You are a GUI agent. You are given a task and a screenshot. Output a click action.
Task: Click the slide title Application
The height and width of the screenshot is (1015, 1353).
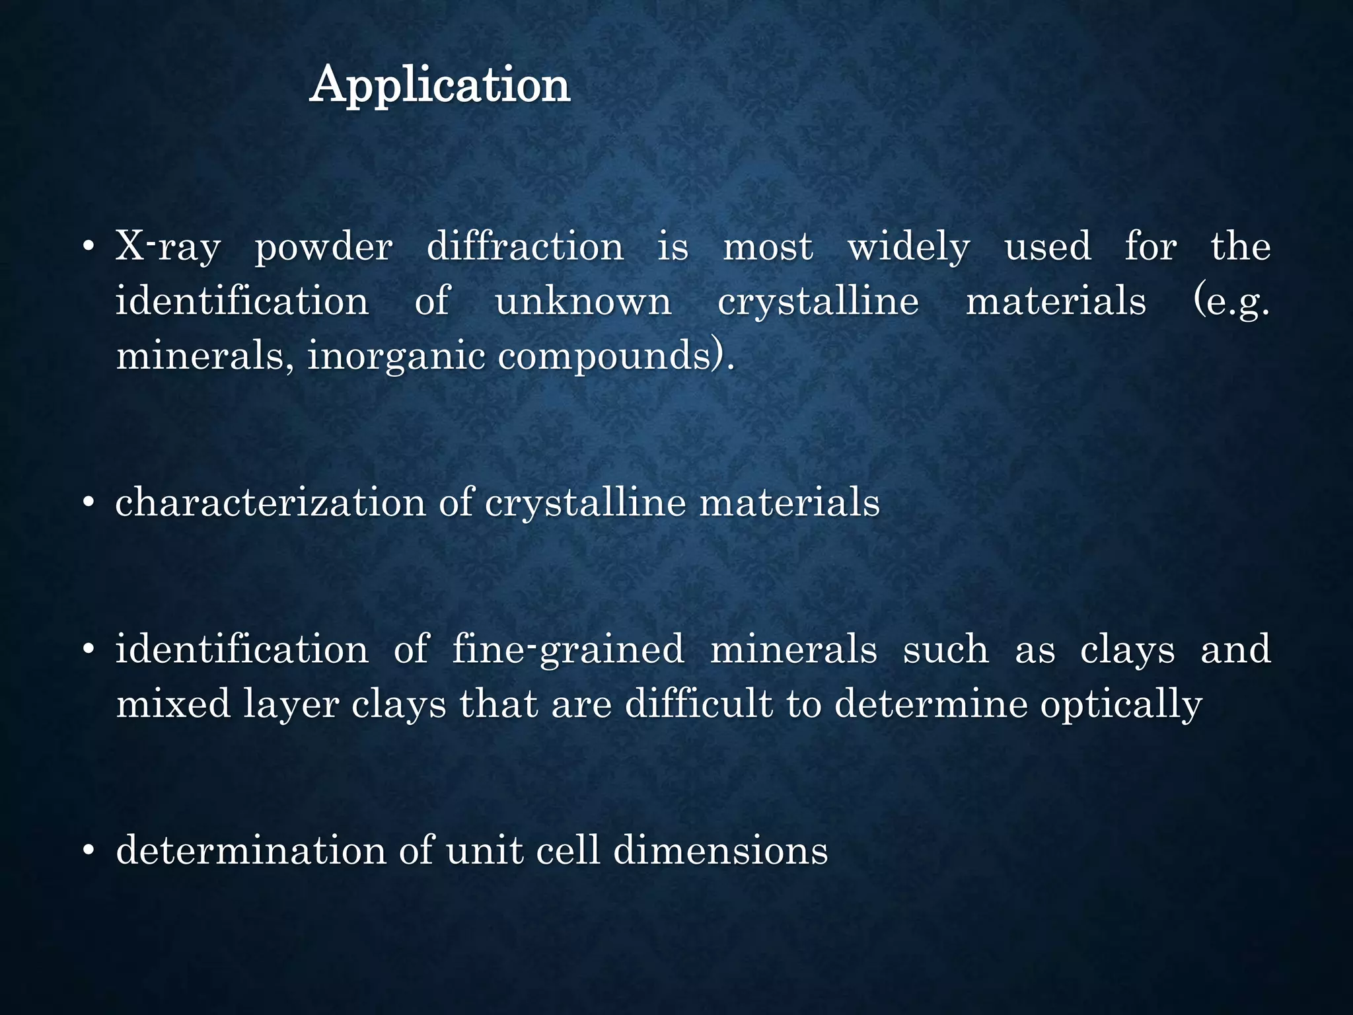pyautogui.click(x=439, y=85)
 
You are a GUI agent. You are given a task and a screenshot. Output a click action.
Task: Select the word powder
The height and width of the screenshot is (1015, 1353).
pyautogui.click(x=324, y=248)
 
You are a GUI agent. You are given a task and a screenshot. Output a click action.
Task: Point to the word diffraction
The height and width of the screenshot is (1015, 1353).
pyautogui.click(x=525, y=246)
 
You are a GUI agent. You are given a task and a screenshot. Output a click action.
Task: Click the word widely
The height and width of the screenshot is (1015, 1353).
pyautogui.click(x=909, y=248)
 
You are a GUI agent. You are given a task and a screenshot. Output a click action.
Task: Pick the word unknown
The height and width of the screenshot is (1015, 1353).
pyautogui.click(x=583, y=302)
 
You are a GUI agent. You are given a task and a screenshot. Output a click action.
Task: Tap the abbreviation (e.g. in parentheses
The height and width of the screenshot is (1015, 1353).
pyautogui.click(x=1231, y=302)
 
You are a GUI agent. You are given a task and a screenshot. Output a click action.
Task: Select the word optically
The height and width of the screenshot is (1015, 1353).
pyautogui.click(x=1121, y=704)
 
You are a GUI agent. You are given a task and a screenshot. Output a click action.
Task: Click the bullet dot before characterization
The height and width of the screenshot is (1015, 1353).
pyautogui.click(x=89, y=503)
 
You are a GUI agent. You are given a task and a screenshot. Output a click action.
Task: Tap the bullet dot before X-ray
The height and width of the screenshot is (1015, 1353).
pyautogui.click(x=89, y=248)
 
